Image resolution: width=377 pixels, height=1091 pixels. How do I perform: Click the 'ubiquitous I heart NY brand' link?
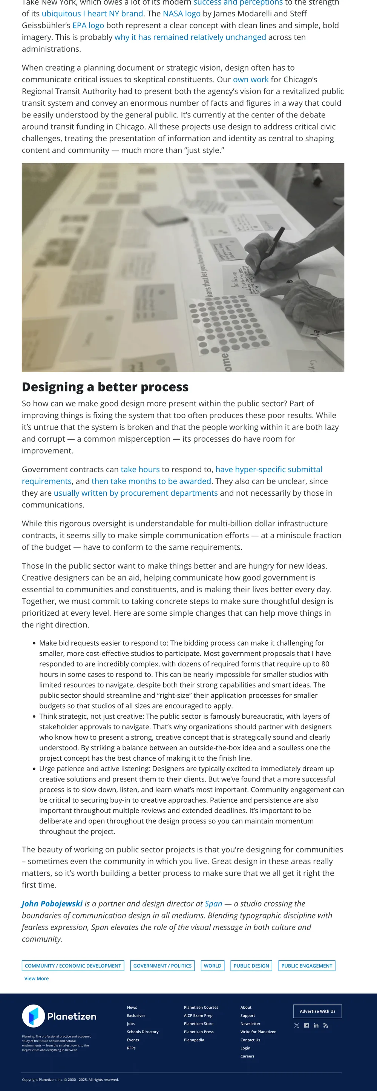[92, 14]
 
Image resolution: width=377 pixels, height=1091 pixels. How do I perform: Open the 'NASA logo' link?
[181, 14]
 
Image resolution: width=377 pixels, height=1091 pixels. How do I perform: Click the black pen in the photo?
[269, 250]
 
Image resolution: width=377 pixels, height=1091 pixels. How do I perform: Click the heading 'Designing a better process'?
[105, 387]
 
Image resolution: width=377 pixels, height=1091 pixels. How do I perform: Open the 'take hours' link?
[140, 469]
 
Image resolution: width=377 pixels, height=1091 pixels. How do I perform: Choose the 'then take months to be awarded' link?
[151, 481]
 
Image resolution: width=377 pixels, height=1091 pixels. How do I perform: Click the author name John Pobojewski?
[52, 904]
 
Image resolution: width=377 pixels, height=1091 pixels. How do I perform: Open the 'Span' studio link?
[213, 904]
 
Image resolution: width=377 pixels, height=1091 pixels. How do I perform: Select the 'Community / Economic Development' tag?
[73, 966]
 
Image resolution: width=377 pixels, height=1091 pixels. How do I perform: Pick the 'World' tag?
[212, 966]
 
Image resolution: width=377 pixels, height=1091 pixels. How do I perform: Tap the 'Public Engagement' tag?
[307, 966]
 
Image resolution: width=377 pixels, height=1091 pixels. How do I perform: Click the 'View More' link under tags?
[37, 979]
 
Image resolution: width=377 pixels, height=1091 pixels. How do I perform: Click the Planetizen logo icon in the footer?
[34, 1016]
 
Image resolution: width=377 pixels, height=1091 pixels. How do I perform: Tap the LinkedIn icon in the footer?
[316, 1025]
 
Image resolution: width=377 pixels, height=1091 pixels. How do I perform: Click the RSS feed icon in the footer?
[325, 1025]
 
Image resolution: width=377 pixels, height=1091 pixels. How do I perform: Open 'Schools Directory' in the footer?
[143, 1032]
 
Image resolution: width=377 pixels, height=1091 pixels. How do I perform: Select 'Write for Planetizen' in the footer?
[258, 1032]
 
